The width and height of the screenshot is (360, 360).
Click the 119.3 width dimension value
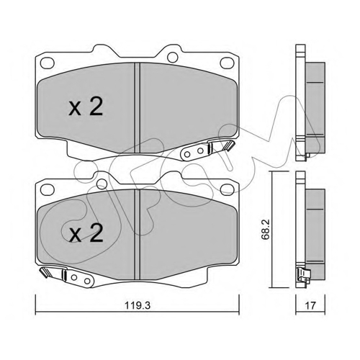138,305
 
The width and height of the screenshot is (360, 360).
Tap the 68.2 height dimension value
266,229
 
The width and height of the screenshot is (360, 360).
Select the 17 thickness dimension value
310,305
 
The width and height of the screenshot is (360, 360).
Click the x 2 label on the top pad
86,107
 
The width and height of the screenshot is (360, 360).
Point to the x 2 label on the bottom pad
86,233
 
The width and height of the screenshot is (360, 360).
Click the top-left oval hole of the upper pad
48,63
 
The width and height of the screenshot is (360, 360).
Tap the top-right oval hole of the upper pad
227,63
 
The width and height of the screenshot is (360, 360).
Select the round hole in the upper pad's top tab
172,57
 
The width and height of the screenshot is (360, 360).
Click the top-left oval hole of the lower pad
48,189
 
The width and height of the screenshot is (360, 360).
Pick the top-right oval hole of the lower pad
227,189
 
